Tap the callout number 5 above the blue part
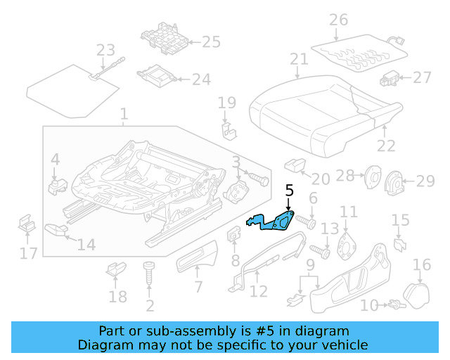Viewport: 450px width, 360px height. [289, 190]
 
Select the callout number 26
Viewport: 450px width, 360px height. [339, 20]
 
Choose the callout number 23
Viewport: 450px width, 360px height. [105, 51]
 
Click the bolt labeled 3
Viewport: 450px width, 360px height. [258, 180]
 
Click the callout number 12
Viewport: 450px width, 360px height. [259, 291]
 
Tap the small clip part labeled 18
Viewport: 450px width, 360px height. [113, 270]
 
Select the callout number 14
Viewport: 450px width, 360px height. [86, 245]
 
